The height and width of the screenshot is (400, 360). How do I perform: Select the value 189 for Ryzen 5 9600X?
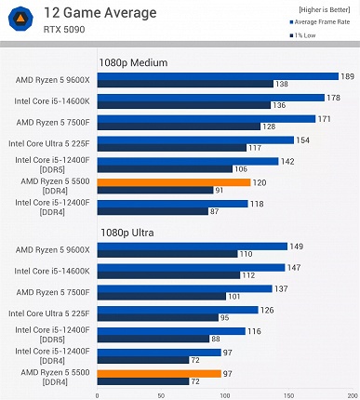347,76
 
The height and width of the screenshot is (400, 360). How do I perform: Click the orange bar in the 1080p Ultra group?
159,373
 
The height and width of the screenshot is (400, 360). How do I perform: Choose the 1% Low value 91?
219,191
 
